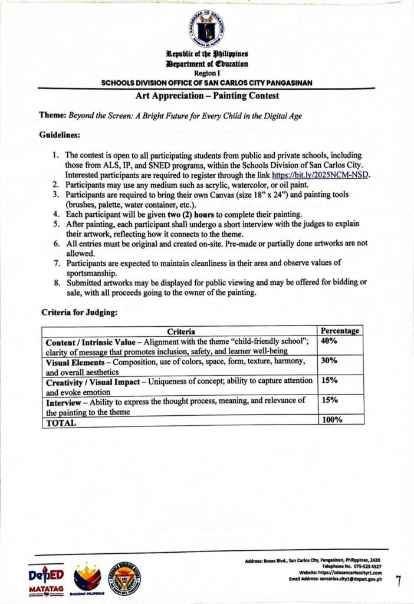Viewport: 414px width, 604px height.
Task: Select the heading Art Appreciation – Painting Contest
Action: (x=206, y=96)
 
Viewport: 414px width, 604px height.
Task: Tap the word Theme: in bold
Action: (x=52, y=116)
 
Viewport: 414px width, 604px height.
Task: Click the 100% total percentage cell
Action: (x=328, y=420)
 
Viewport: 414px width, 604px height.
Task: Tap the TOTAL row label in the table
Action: (x=61, y=423)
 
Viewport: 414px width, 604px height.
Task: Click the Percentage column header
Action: (x=339, y=331)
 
